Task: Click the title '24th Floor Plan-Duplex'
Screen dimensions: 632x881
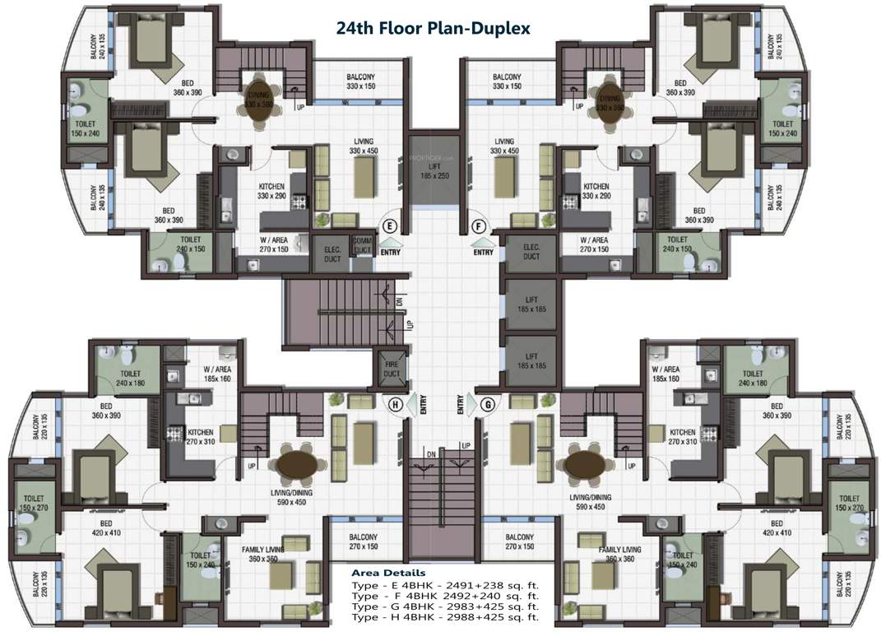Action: click(433, 27)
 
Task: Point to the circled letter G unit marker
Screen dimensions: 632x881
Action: click(487, 404)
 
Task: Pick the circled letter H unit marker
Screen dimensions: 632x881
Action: click(396, 404)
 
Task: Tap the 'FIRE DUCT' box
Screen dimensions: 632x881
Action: click(391, 369)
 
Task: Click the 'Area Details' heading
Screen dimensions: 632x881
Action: click(388, 573)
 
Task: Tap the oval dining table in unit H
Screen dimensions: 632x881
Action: click(294, 466)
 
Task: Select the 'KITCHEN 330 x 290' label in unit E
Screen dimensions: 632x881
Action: click(271, 191)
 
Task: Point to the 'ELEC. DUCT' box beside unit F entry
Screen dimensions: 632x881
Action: click(531, 252)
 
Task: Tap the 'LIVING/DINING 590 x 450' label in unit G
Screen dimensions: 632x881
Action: click(591, 502)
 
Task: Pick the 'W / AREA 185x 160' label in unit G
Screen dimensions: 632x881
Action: click(665, 374)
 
